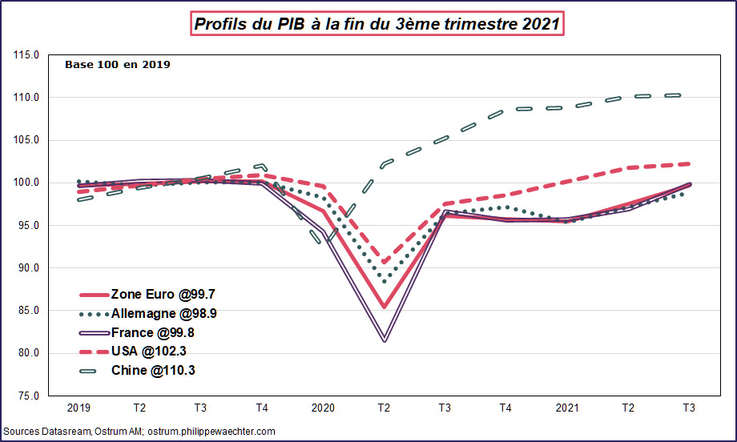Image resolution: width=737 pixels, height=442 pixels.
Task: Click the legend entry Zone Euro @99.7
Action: [157, 294]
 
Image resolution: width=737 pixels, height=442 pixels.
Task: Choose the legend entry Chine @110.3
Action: [152, 370]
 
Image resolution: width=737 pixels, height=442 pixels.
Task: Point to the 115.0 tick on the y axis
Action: [26, 55]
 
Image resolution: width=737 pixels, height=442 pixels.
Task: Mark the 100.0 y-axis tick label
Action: [26, 183]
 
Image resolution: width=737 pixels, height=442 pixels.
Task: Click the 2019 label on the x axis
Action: [79, 408]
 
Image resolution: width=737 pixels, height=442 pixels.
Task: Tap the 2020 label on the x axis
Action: [323, 408]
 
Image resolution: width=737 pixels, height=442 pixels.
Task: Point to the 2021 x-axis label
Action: [567, 408]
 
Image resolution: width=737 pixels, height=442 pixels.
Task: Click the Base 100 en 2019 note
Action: [117, 64]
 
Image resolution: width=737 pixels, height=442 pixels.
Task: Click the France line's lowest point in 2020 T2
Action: [385, 341]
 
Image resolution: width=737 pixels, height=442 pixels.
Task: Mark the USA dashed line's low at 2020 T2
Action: [385, 262]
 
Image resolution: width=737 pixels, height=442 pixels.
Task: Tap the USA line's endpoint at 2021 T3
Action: [689, 163]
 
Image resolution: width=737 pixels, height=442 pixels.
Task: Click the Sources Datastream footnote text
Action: [139, 432]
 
